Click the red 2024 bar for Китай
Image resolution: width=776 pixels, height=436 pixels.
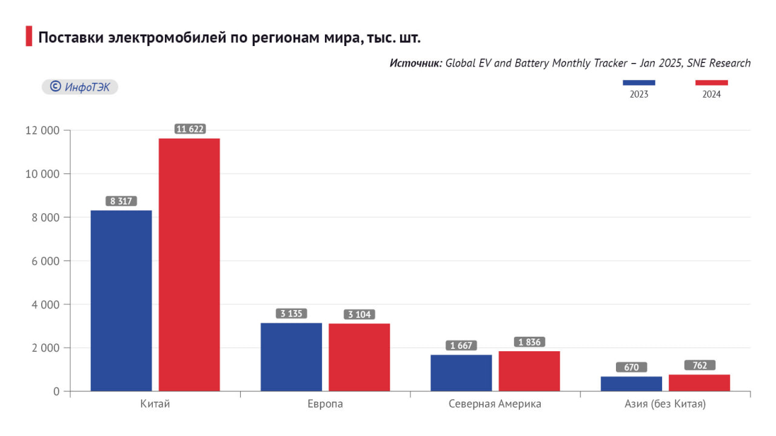point(189,265)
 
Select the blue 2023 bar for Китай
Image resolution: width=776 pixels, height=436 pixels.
point(121,300)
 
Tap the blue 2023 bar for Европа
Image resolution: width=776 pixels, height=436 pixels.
point(291,357)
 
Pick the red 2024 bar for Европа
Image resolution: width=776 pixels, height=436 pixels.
point(360,357)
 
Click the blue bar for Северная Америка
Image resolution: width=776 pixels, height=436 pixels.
point(461,372)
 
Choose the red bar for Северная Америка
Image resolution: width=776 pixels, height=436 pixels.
point(529,371)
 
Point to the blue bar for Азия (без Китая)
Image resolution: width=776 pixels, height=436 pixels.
point(631,383)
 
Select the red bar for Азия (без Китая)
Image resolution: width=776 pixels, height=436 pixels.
point(699,383)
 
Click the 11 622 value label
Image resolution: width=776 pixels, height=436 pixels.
point(190,129)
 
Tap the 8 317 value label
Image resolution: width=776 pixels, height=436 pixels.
point(121,201)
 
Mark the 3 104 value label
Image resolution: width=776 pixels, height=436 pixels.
point(360,314)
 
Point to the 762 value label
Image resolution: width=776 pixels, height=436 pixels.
point(700,365)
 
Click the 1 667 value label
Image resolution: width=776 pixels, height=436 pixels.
point(461,345)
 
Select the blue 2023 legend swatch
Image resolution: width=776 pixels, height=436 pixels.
point(639,83)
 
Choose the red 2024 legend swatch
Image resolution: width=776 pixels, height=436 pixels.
point(711,83)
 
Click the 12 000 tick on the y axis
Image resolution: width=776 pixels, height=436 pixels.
point(42,130)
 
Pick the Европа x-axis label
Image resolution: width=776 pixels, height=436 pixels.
point(326,404)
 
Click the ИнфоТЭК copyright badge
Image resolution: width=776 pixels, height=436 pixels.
point(79,87)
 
